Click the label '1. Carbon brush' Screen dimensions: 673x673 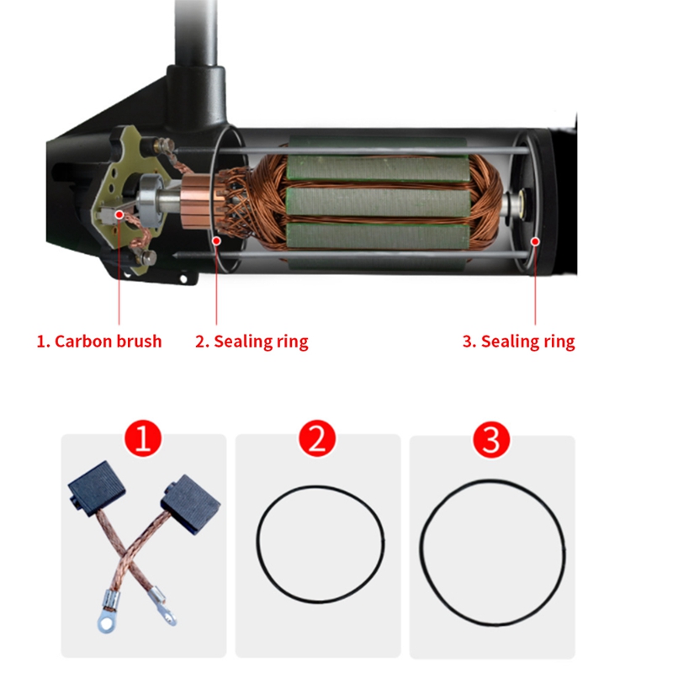(99, 342)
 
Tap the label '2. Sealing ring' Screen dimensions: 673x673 (252, 342)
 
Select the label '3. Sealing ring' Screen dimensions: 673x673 (519, 342)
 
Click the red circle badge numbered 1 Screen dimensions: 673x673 (143, 438)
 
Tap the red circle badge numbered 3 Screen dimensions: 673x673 (491, 439)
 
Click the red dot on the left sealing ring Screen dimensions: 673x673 (217, 241)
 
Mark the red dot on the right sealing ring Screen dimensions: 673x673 (535, 241)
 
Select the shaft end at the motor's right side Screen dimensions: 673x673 (517, 204)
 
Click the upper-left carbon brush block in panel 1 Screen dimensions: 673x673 (96, 486)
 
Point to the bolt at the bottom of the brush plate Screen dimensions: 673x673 (148, 258)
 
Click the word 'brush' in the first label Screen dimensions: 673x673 (139, 342)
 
